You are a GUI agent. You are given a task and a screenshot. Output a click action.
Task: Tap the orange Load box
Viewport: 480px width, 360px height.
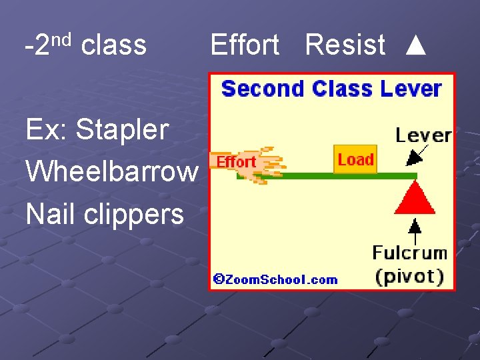(355, 159)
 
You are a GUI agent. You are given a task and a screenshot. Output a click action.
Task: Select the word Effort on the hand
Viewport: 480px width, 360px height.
(236, 162)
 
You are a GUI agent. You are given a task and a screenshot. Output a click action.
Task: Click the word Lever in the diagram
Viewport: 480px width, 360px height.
(423, 135)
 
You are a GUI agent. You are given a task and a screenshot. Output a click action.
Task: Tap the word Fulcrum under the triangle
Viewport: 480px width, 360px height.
(409, 253)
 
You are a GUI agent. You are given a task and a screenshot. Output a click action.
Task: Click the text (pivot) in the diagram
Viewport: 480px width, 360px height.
(410, 275)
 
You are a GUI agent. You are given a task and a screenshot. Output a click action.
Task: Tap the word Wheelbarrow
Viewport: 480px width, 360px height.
(111, 172)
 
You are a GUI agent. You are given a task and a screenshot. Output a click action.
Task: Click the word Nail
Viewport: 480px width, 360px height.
(49, 215)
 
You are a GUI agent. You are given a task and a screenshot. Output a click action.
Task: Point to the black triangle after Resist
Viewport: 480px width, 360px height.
(415, 45)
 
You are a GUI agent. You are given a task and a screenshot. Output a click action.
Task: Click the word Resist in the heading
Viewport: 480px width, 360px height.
(345, 45)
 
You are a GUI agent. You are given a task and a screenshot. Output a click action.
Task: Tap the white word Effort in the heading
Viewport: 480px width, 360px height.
(245, 45)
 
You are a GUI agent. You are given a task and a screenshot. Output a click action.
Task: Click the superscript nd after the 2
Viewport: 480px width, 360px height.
(61, 39)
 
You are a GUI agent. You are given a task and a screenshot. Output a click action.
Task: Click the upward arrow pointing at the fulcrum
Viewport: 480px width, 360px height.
(415, 229)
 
